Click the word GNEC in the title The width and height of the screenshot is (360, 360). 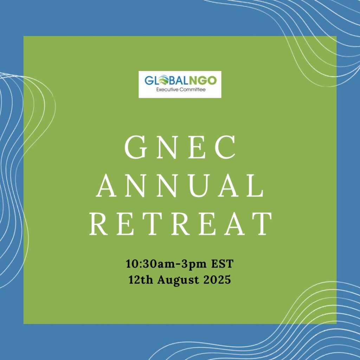(180, 147)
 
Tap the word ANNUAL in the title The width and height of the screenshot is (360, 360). (180, 186)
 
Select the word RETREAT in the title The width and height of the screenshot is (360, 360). (180, 224)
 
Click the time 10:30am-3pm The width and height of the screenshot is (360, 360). (166, 264)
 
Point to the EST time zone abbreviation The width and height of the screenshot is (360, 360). (222, 264)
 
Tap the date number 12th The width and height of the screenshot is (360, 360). (141, 280)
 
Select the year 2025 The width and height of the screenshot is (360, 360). (217, 280)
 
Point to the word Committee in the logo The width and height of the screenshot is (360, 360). (193, 90)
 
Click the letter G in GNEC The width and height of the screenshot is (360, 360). (136, 147)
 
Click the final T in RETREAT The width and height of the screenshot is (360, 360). (261, 224)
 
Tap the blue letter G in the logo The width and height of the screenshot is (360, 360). (149, 81)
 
